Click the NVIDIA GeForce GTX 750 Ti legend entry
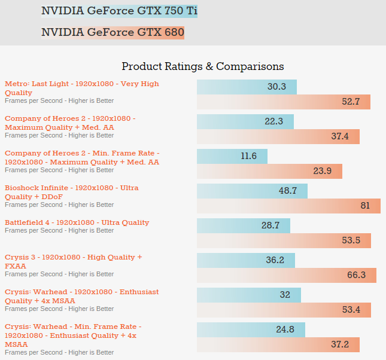119,11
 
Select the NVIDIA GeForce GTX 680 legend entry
113,32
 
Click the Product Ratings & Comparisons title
202,66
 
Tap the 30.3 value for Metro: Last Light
276,87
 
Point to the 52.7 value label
351,102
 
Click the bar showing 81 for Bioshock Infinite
288,206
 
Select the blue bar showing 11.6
232,156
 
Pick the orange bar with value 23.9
269,171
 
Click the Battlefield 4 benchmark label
77,222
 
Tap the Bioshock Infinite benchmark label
72,192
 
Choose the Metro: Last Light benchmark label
82,88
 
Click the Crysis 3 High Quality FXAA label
74,261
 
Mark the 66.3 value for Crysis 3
356,275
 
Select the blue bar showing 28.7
244,225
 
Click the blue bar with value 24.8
251,330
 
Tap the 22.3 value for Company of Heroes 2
273,121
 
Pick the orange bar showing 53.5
284,240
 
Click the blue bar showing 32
249,295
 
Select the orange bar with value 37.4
278,136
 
